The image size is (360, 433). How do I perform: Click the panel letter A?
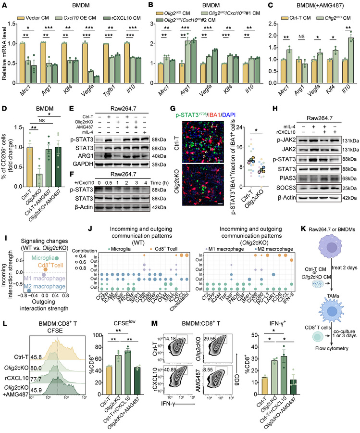3,4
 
